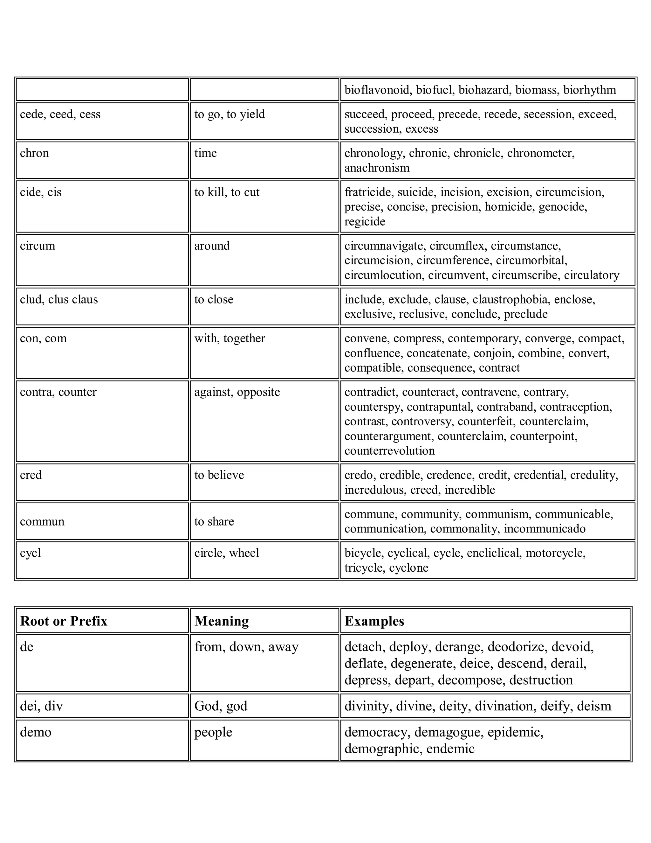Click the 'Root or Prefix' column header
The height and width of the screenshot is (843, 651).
64,621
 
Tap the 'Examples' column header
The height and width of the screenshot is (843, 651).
374,621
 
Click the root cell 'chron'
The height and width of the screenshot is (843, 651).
34,153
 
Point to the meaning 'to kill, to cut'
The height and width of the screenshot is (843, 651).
227,192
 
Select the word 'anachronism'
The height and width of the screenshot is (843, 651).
377,168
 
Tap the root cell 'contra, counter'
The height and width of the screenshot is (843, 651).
58,392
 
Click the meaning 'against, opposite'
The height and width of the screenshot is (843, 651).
237,392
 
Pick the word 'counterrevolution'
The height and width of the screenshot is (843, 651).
389,451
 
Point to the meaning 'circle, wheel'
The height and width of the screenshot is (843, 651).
226,553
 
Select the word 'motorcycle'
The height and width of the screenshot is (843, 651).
555,553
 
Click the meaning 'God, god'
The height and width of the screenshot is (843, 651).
221,706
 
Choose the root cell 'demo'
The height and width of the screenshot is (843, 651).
36,732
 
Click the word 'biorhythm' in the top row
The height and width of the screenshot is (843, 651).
589,90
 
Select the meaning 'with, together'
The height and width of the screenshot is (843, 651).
230,338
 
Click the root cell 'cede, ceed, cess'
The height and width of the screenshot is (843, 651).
60,114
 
